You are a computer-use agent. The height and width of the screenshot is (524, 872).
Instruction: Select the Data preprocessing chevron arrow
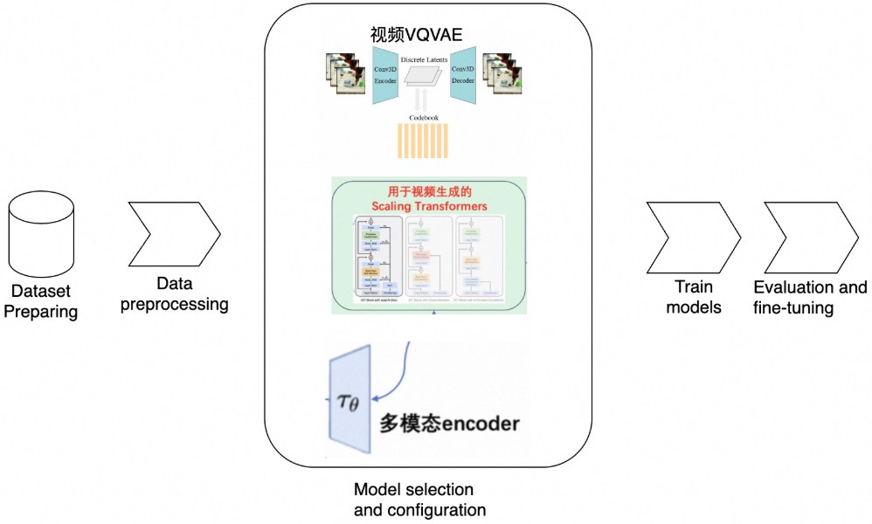click(x=173, y=234)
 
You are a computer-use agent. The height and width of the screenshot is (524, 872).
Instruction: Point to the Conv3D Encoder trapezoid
click(x=385, y=74)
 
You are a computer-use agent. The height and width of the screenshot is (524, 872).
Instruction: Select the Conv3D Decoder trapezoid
click(x=462, y=74)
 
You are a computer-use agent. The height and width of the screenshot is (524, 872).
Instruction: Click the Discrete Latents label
click(x=424, y=60)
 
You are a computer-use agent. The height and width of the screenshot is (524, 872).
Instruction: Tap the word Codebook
click(x=424, y=117)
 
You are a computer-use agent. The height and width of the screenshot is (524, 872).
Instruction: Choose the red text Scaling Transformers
click(x=429, y=206)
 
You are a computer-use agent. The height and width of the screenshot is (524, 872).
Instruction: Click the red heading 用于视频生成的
click(x=429, y=190)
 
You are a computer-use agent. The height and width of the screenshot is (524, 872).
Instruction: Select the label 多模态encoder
click(x=449, y=424)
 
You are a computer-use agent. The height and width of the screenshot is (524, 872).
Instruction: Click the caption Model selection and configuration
click(x=419, y=500)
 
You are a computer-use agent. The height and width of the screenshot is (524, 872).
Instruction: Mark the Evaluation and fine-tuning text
click(x=810, y=297)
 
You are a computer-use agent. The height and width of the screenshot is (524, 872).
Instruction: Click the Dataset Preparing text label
click(x=41, y=301)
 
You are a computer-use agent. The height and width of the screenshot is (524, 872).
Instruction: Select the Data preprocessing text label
click(x=174, y=294)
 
